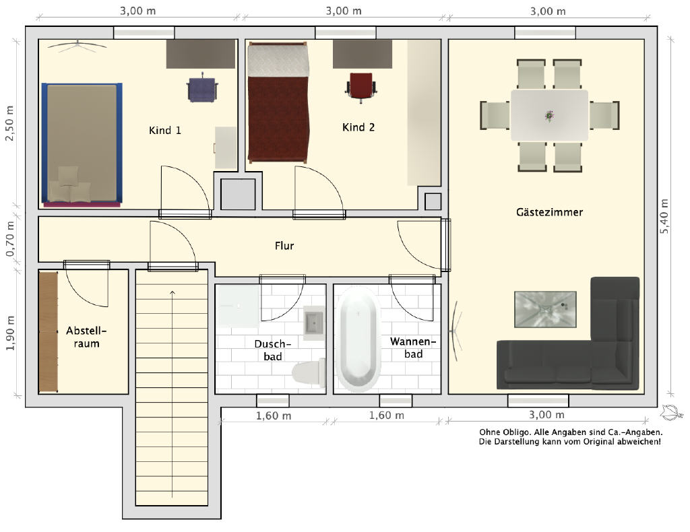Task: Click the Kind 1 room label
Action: pos(164,130)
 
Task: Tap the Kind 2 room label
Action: pos(358,127)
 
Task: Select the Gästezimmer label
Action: pos(549,212)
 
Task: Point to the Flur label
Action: pos(284,245)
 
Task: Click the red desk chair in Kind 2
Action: pos(361,87)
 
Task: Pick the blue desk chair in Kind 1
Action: pos(202,88)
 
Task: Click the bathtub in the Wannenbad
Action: pos(358,339)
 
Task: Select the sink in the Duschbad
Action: pos(314,323)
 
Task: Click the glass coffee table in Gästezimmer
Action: pos(545,309)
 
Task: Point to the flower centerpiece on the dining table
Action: pos(549,115)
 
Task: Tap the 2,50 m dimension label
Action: pos(9,123)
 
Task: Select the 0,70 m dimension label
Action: pos(9,239)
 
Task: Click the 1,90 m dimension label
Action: pos(9,333)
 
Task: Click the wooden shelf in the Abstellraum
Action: pos(49,332)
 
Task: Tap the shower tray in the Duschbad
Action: pos(238,306)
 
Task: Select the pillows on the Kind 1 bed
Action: pos(69,185)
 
